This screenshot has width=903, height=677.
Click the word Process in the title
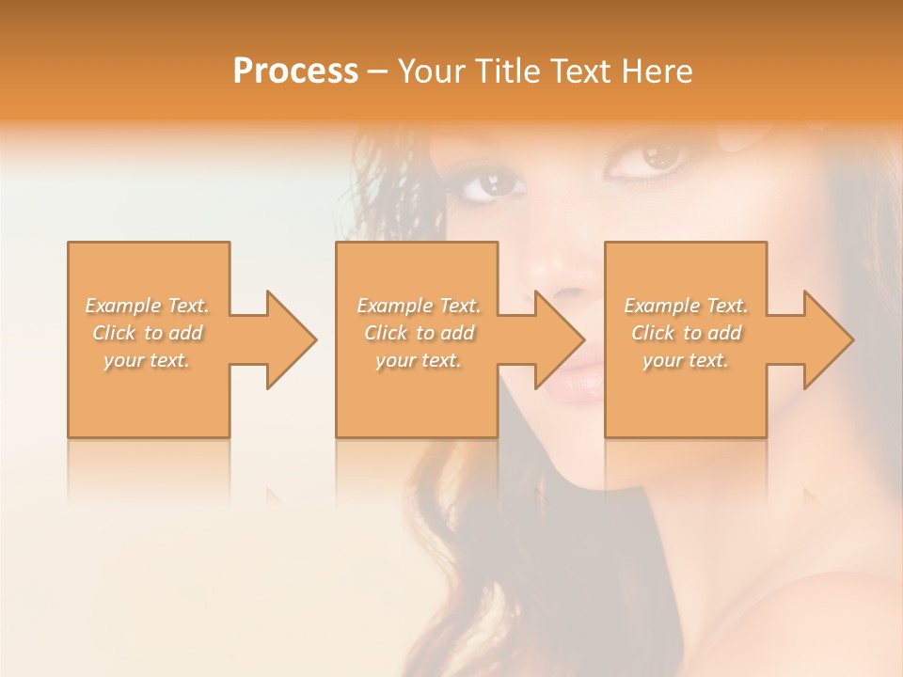295,71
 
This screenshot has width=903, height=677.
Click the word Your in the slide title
431,71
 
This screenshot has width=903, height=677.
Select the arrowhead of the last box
827,339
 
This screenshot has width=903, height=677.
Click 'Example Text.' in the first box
147,306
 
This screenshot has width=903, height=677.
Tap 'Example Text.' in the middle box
418,306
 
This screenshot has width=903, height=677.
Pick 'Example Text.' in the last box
686,306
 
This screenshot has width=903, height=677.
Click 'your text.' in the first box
147,360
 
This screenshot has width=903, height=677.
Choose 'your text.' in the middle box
418,360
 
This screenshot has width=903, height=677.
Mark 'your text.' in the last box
686,360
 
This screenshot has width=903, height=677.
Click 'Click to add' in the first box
147,333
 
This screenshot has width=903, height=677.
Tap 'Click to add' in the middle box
418,333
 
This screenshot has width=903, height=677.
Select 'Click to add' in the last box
686,333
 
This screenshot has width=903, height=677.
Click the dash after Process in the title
378,72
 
